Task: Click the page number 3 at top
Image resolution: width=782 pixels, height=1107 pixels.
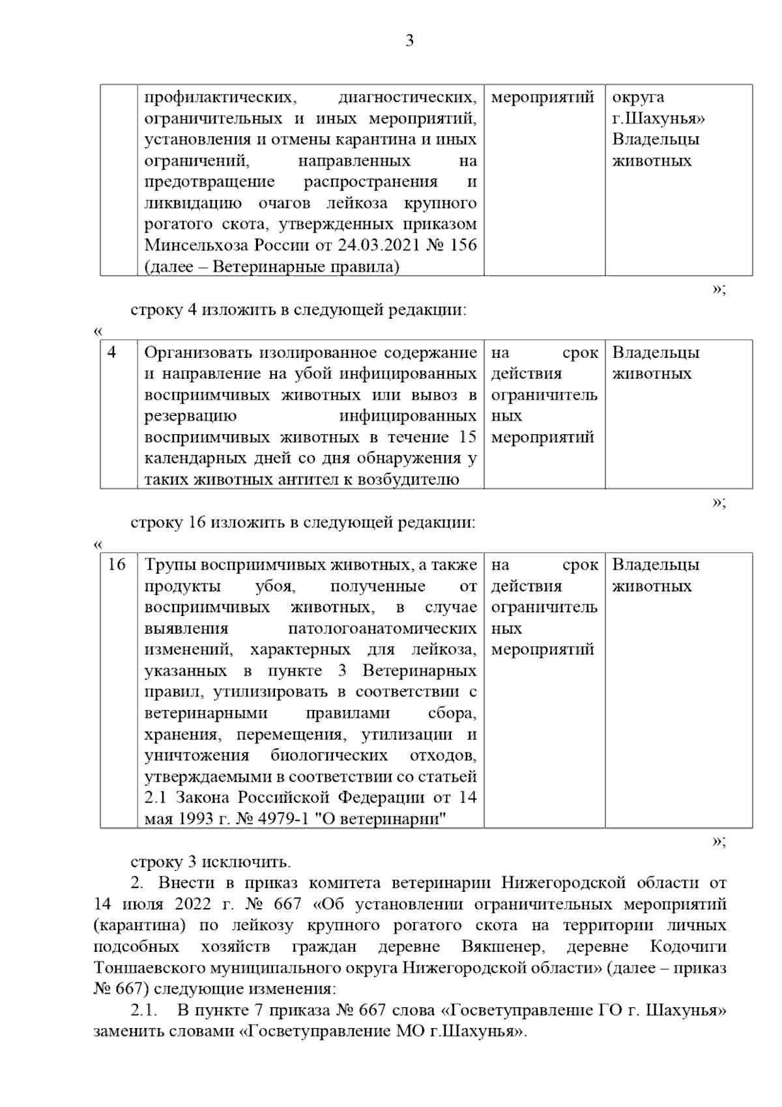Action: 409,41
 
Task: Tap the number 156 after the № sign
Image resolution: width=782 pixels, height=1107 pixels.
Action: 463,246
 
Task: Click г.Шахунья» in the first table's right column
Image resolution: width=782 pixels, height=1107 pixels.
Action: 658,119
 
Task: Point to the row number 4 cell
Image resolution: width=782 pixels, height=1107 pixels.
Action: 113,353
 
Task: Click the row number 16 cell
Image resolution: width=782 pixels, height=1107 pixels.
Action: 117,565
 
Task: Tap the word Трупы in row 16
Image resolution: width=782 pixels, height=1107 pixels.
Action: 168,565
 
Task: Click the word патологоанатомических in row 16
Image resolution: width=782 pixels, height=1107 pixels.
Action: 382,628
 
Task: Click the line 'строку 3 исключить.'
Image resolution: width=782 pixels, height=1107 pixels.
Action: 210,862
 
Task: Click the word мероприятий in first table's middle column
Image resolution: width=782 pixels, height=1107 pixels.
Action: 542,97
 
